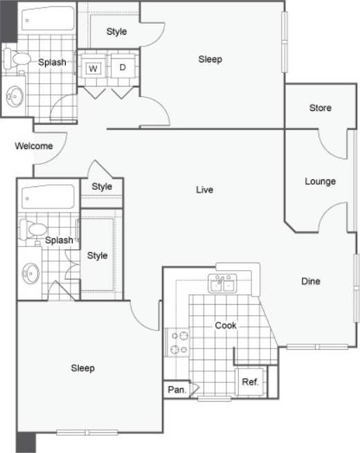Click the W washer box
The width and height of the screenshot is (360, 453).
point(93,67)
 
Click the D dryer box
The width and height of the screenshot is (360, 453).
point(123,67)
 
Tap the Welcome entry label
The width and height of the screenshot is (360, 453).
point(34,146)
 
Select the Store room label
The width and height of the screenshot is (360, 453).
point(320,108)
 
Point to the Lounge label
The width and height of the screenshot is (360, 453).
point(320,181)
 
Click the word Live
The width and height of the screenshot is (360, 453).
point(204,190)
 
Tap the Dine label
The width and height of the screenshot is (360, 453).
point(310,281)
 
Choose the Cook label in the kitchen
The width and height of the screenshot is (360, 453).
point(226,326)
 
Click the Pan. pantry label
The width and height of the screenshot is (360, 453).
point(177,391)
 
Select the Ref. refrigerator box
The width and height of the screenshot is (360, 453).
point(250,382)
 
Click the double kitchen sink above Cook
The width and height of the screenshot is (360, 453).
point(223,283)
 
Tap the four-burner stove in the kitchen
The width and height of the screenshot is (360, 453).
point(179,342)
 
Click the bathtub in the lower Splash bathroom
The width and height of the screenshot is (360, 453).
point(48,197)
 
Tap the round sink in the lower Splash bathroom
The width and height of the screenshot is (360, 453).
point(30,273)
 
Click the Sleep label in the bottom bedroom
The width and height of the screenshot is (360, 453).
point(83,368)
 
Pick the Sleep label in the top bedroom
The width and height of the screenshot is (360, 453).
point(210,60)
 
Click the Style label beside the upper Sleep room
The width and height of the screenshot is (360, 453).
point(117,32)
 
